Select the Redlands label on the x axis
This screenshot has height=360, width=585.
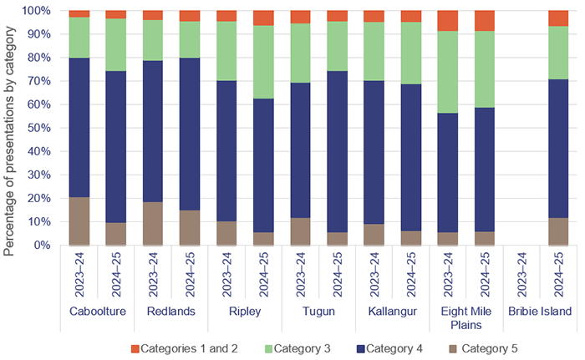point(170,312)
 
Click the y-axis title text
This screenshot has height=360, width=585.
point(11,129)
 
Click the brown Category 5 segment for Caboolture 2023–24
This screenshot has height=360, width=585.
point(79,221)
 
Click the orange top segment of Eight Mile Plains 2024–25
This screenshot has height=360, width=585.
point(484,21)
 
